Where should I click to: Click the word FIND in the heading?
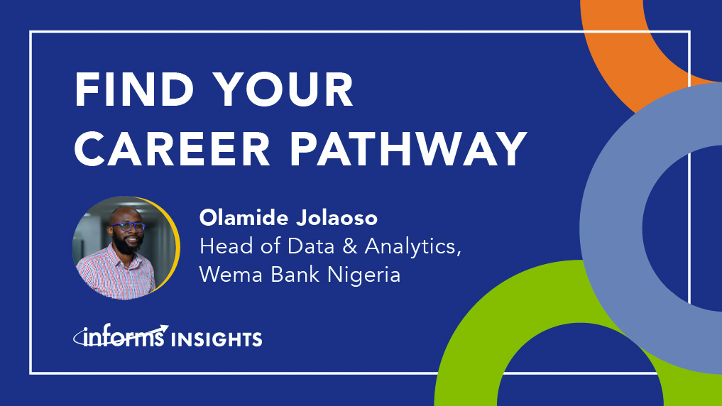point(134,89)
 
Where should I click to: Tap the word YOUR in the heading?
point(285,89)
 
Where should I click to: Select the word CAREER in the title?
point(173,148)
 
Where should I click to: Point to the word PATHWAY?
point(408,148)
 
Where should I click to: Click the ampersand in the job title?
point(350,247)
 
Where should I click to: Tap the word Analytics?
point(413,248)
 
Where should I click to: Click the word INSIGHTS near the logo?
point(217,340)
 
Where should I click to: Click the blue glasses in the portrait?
point(128,226)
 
